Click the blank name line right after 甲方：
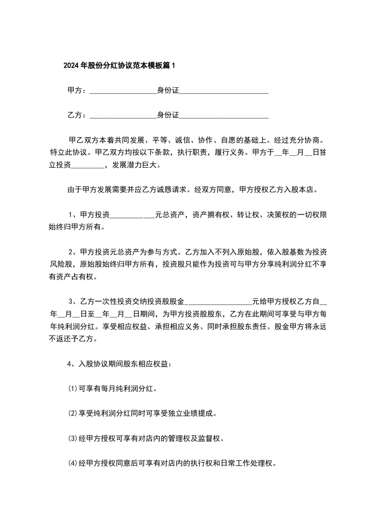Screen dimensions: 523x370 tap(122, 91)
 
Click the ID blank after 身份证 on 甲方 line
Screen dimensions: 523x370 tap(224, 91)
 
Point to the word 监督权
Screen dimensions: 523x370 tap(213, 438)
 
